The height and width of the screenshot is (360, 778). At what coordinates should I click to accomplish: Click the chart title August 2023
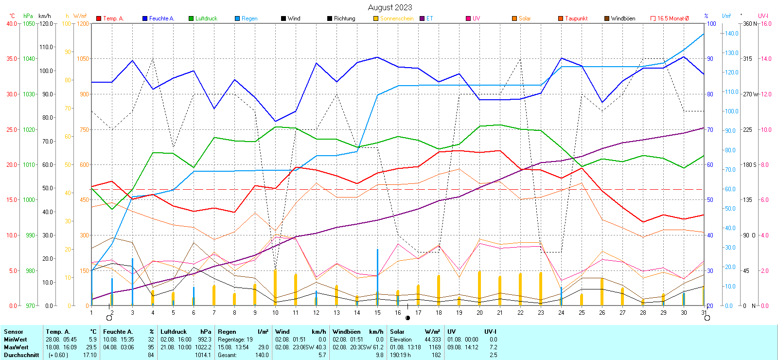click(389, 7)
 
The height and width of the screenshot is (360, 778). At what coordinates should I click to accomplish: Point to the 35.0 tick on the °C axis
click(11, 59)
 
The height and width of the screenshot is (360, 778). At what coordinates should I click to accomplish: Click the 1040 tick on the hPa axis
click(29, 59)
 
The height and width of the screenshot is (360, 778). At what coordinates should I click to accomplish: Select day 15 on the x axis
click(377, 312)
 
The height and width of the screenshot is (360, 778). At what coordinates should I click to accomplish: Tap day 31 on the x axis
click(704, 312)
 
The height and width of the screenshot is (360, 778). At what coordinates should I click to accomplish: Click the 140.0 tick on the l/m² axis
click(732, 34)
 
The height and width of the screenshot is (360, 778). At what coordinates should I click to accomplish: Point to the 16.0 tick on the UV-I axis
click(766, 24)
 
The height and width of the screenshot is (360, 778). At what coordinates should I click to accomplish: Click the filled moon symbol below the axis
click(407, 318)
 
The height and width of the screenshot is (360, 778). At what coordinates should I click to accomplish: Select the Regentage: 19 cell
click(235, 340)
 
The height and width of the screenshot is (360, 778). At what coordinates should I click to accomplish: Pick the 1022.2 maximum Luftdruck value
click(204, 347)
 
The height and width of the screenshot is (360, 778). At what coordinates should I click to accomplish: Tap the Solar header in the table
click(397, 332)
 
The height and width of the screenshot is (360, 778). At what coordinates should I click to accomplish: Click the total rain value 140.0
click(262, 355)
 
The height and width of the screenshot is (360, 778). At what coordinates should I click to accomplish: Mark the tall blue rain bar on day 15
click(377, 272)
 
